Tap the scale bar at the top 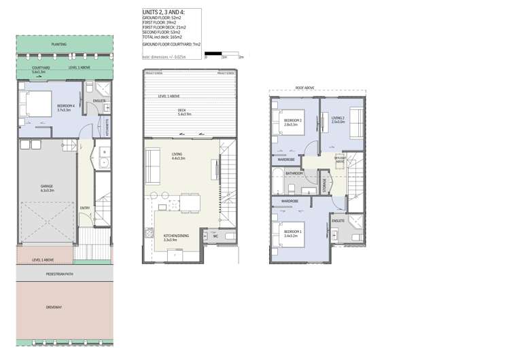(x=224, y=53)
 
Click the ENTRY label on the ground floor (x=84, y=208)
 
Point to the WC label (x=215, y=236)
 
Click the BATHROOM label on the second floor (x=294, y=173)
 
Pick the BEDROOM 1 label (x=292, y=233)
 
